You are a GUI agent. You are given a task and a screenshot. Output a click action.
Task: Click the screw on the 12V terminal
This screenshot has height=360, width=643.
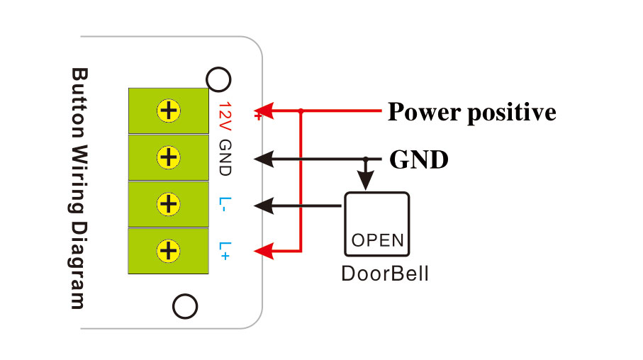169,111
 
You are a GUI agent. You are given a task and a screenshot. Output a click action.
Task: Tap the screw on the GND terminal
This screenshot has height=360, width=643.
169,157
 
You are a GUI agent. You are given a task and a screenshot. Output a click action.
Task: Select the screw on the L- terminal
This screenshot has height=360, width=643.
169,204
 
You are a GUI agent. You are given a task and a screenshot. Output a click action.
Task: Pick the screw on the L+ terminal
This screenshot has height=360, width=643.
169,250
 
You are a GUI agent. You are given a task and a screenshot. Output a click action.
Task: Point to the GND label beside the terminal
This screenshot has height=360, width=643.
225,158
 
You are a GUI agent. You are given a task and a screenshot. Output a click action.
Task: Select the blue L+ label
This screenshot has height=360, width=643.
225,250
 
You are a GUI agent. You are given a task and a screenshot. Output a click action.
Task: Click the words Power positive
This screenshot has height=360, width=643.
471,112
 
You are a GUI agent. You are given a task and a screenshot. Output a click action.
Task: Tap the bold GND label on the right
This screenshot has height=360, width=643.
419,159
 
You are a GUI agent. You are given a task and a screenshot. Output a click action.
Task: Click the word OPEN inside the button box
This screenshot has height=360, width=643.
377,240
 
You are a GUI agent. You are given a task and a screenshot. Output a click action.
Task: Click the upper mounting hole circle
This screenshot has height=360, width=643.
218,79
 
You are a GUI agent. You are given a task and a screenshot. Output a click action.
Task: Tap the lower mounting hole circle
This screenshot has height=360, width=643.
185,307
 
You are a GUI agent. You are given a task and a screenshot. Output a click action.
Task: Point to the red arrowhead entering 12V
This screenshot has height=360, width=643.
264,111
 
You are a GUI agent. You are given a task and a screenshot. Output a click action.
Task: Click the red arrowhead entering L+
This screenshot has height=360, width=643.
264,250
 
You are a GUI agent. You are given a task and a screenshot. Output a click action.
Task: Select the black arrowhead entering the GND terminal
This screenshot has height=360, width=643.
264,158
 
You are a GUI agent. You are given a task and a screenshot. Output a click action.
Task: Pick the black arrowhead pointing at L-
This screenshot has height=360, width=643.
264,206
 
